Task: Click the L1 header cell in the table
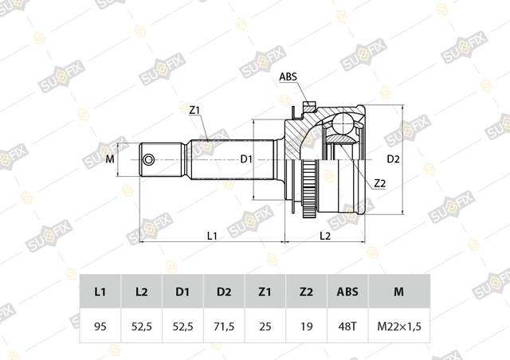pyautogui.click(x=100, y=292)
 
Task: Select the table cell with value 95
pyautogui.click(x=100, y=326)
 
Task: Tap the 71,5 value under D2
pyautogui.click(x=224, y=326)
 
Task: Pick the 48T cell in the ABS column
pyautogui.click(x=347, y=326)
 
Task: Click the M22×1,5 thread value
pyautogui.click(x=399, y=326)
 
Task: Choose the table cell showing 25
pyautogui.click(x=265, y=326)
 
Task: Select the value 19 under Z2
pyautogui.click(x=306, y=326)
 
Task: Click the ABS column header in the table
pyautogui.click(x=347, y=292)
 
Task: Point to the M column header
pyautogui.click(x=399, y=292)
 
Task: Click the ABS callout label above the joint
pyautogui.click(x=288, y=76)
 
